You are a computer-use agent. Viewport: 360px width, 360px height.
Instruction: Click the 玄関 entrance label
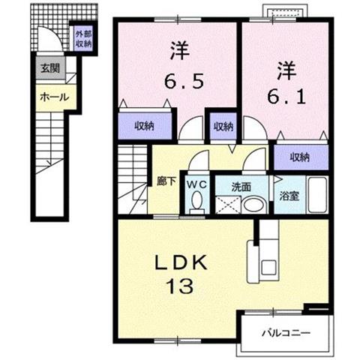coord(51,68)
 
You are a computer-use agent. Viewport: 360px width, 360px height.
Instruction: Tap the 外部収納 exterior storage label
coord(83,39)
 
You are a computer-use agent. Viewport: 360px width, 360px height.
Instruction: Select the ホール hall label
coord(55,97)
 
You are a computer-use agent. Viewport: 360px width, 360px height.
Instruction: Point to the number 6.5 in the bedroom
coord(184,81)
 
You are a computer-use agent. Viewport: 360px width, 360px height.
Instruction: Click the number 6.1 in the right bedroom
coord(286,97)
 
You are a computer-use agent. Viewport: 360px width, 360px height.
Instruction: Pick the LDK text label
coord(181,263)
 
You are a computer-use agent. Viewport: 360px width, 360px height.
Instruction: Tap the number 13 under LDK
coord(180,286)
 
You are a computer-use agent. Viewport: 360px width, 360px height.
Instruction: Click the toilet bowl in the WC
coord(197,202)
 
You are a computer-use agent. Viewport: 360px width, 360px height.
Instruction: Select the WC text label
coord(197,184)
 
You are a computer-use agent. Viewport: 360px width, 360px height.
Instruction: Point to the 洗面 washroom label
coord(241,187)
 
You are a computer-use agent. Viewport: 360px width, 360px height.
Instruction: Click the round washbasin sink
coord(253,205)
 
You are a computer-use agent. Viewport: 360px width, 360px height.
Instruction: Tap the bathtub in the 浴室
coord(317,195)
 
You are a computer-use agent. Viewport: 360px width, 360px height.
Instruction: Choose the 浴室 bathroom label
coord(289,196)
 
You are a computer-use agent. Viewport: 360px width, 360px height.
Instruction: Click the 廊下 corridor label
coord(166,181)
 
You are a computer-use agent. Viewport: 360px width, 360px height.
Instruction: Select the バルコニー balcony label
coord(286,333)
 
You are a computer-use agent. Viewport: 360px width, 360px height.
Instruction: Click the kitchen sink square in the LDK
coord(268,268)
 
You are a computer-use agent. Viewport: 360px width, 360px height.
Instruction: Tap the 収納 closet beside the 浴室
coord(301,157)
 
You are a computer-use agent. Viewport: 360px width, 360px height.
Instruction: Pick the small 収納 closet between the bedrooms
coord(223,126)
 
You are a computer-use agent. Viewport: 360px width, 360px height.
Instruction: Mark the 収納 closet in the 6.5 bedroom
coord(145,126)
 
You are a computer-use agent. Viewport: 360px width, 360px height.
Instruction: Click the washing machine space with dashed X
coord(228,205)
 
